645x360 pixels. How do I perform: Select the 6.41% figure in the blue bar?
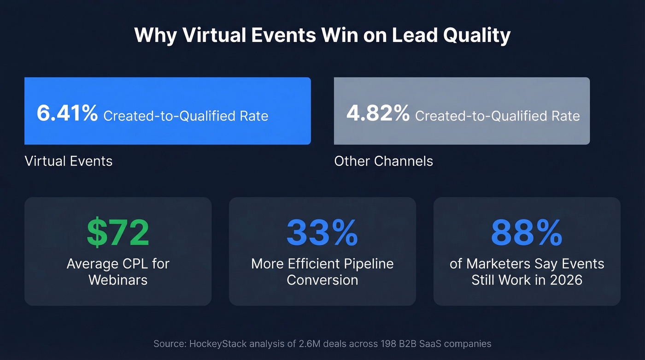[x=67, y=113]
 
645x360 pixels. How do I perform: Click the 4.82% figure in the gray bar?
[x=378, y=113]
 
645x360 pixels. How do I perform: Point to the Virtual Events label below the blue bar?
[x=68, y=161]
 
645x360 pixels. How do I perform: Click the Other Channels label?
[x=383, y=161]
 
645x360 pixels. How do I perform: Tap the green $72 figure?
[x=118, y=233]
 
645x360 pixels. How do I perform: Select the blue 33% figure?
[x=322, y=233]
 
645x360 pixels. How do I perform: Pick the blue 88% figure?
[x=527, y=233]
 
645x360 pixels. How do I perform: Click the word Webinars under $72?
[x=118, y=280]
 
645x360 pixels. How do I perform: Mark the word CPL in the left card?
[x=138, y=264]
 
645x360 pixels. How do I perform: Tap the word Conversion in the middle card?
[x=322, y=280]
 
